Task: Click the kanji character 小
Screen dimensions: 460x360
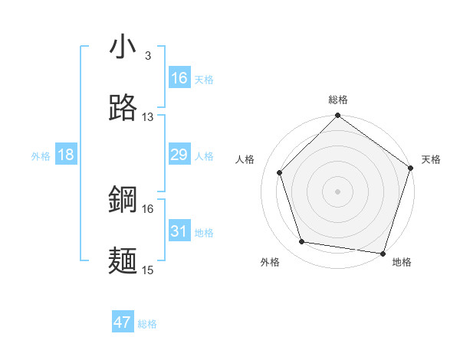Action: click(123, 47)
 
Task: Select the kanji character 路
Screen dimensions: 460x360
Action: click(123, 108)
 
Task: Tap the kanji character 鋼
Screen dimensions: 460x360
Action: click(123, 200)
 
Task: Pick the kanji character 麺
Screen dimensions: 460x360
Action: click(123, 260)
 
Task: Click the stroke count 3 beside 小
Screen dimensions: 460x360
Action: click(148, 56)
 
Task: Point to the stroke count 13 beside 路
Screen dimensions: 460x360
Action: click(148, 117)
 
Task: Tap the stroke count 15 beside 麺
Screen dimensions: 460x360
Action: click(148, 270)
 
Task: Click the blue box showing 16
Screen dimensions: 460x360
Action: click(179, 78)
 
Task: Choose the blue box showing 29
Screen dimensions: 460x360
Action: click(179, 155)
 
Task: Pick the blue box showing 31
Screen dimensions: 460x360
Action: click(179, 231)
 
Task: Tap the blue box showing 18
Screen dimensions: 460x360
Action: click(66, 155)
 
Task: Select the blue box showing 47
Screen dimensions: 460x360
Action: click(123, 322)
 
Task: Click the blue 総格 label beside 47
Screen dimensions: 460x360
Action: click(148, 324)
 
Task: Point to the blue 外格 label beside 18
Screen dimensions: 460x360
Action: click(41, 156)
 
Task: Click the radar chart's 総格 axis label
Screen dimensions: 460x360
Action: click(338, 100)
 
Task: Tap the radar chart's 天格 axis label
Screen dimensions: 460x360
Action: click(431, 159)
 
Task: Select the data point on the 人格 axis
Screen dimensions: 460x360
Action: click(280, 172)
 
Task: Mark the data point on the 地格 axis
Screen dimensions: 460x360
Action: click(383, 253)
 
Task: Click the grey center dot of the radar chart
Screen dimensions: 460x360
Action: click(338, 191)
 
